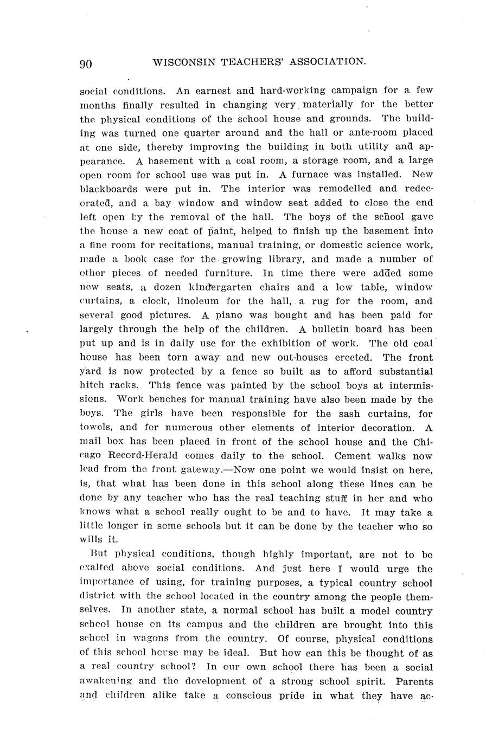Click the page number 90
point(86,63)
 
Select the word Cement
point(354,456)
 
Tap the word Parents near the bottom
point(414,682)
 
